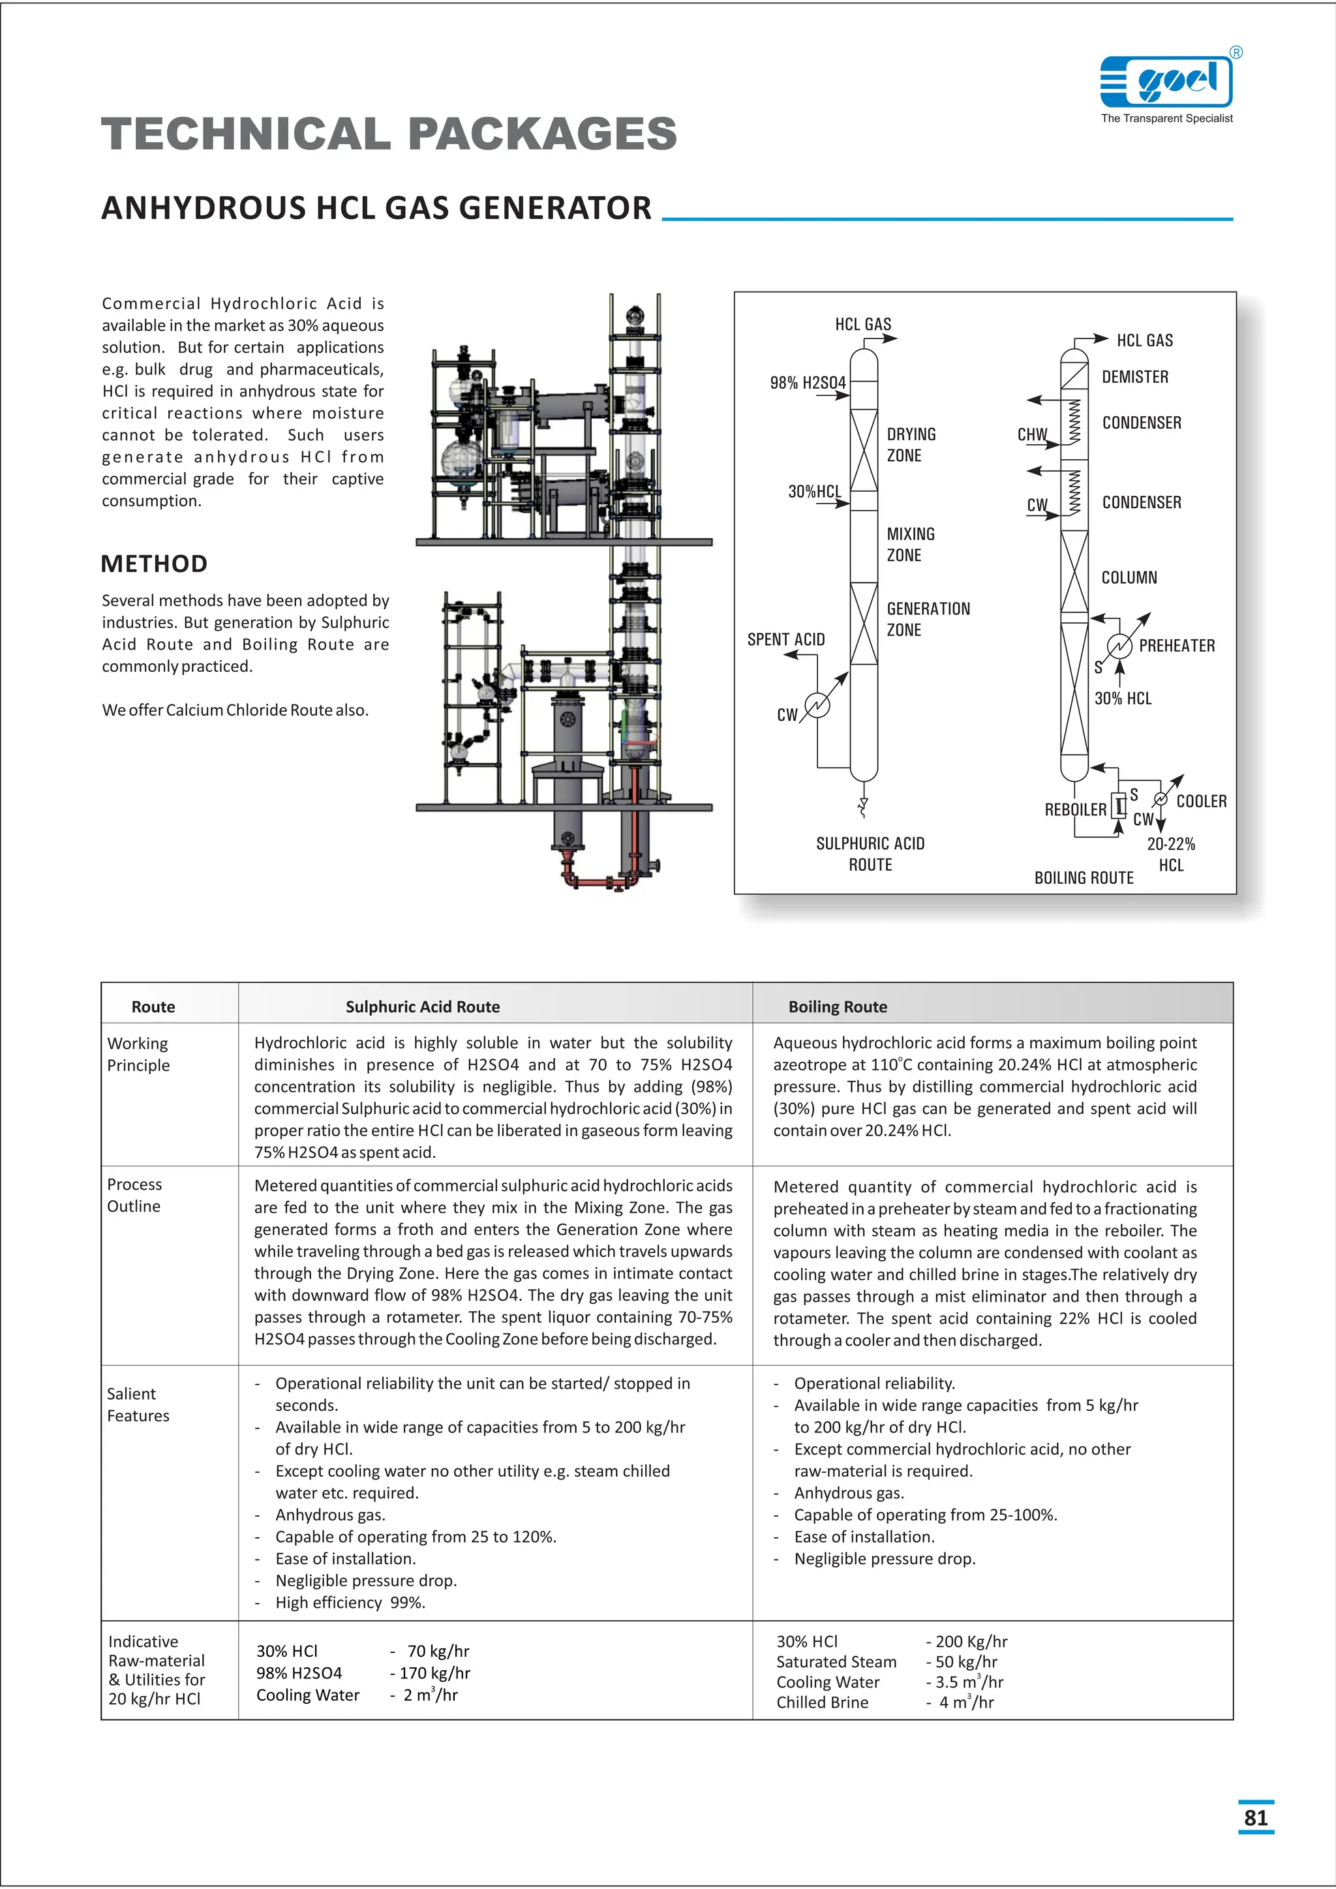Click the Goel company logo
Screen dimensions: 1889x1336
(1166, 82)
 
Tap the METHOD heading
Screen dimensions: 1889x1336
(154, 564)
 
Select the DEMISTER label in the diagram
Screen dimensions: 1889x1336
(1134, 377)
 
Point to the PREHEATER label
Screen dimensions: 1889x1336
(1176, 646)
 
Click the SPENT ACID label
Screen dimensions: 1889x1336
(785, 639)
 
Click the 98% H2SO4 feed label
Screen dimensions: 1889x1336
(807, 383)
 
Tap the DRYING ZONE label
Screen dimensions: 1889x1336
(911, 444)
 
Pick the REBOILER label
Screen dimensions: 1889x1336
(1074, 809)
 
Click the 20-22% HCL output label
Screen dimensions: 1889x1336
(1171, 854)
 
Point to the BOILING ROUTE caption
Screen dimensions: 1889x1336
(1084, 878)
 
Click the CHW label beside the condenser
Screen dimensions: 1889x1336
(1031, 434)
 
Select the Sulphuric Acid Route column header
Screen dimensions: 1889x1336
(422, 1006)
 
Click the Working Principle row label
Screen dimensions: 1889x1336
(138, 1054)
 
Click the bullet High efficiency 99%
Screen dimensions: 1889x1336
(350, 1602)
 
